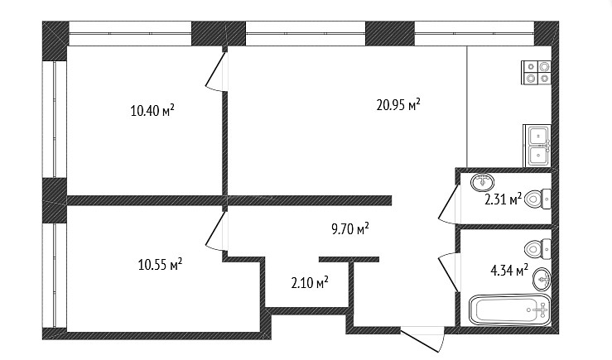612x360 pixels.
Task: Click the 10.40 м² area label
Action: (x=152, y=111)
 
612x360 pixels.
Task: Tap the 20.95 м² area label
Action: (x=398, y=104)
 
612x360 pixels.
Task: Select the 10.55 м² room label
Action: (x=160, y=265)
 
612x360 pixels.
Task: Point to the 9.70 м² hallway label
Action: (x=350, y=229)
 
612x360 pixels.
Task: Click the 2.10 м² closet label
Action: (x=310, y=282)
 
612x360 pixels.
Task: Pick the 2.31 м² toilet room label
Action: (x=504, y=199)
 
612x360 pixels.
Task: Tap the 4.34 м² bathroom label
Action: (x=509, y=270)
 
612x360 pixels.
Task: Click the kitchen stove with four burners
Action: (x=536, y=73)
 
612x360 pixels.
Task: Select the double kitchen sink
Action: (x=537, y=146)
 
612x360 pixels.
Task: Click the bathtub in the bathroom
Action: (x=510, y=310)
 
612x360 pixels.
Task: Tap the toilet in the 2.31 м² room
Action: (x=537, y=199)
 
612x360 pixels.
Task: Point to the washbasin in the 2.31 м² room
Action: (x=483, y=182)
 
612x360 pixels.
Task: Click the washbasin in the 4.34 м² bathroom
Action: (x=542, y=279)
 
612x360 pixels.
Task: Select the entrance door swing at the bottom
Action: (x=423, y=340)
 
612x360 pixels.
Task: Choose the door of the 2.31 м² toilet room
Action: (x=449, y=204)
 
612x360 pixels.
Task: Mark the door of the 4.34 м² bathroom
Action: (x=449, y=271)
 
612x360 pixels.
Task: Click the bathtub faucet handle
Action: (x=541, y=310)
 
